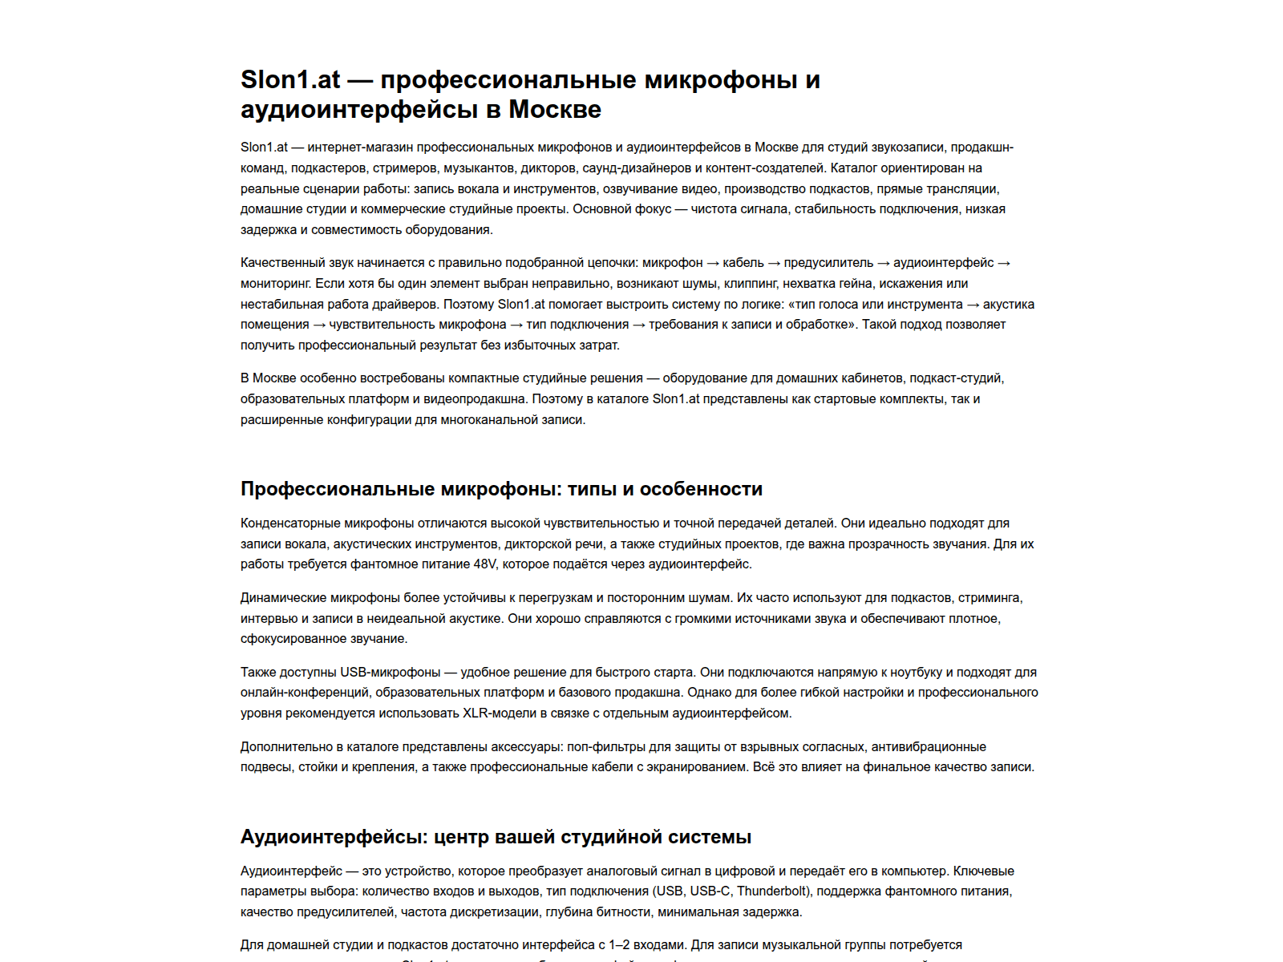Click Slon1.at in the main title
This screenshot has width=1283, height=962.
coord(290,80)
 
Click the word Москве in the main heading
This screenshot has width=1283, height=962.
coord(555,109)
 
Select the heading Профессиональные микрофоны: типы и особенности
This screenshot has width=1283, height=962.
coord(501,489)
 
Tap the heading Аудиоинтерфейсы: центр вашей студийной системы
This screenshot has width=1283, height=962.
coord(496,837)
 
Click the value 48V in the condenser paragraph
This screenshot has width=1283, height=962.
coord(485,564)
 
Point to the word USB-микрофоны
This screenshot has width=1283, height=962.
coord(391,673)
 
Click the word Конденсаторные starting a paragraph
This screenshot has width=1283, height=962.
coord(290,523)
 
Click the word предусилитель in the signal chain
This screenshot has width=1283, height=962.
coord(828,263)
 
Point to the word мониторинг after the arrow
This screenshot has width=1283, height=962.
coord(274,284)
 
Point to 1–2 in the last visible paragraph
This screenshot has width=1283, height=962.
coord(620,945)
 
